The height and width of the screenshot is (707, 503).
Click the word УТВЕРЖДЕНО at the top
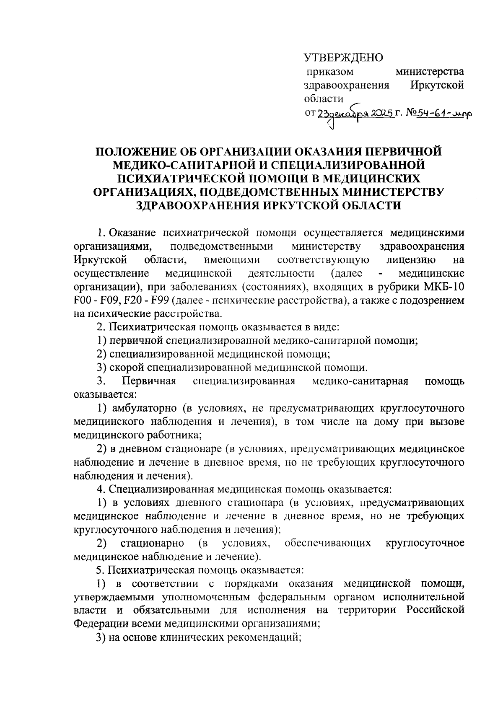[343, 57]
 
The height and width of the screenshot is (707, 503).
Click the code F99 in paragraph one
[160, 300]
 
